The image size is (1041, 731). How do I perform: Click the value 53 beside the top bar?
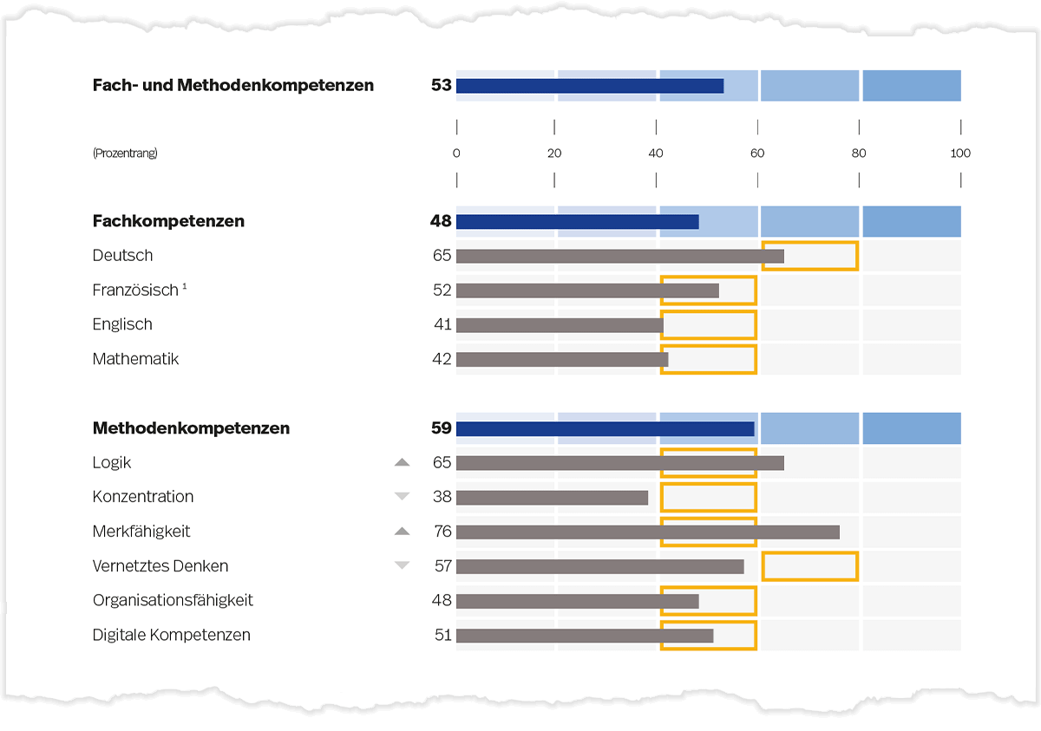pos(441,85)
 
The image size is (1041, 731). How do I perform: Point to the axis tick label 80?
pos(858,153)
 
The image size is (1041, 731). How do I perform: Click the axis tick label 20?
pos(554,153)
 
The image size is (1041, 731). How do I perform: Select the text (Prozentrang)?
pos(125,153)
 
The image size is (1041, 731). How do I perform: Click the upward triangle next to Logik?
pos(402,463)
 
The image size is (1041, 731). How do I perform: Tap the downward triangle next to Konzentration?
pos(402,497)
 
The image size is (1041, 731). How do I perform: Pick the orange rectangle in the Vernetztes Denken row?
pos(809,566)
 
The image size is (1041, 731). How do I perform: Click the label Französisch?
pos(134,290)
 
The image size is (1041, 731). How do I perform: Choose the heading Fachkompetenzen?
pos(168,221)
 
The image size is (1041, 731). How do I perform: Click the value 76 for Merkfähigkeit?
pos(442,532)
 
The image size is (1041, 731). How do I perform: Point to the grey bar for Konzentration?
pos(552,498)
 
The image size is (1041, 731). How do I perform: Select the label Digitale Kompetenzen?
pos(171,635)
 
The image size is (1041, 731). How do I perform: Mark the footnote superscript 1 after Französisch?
pos(185,285)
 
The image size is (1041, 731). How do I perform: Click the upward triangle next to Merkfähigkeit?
pos(402,532)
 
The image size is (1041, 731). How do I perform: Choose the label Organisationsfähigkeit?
pos(173,600)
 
